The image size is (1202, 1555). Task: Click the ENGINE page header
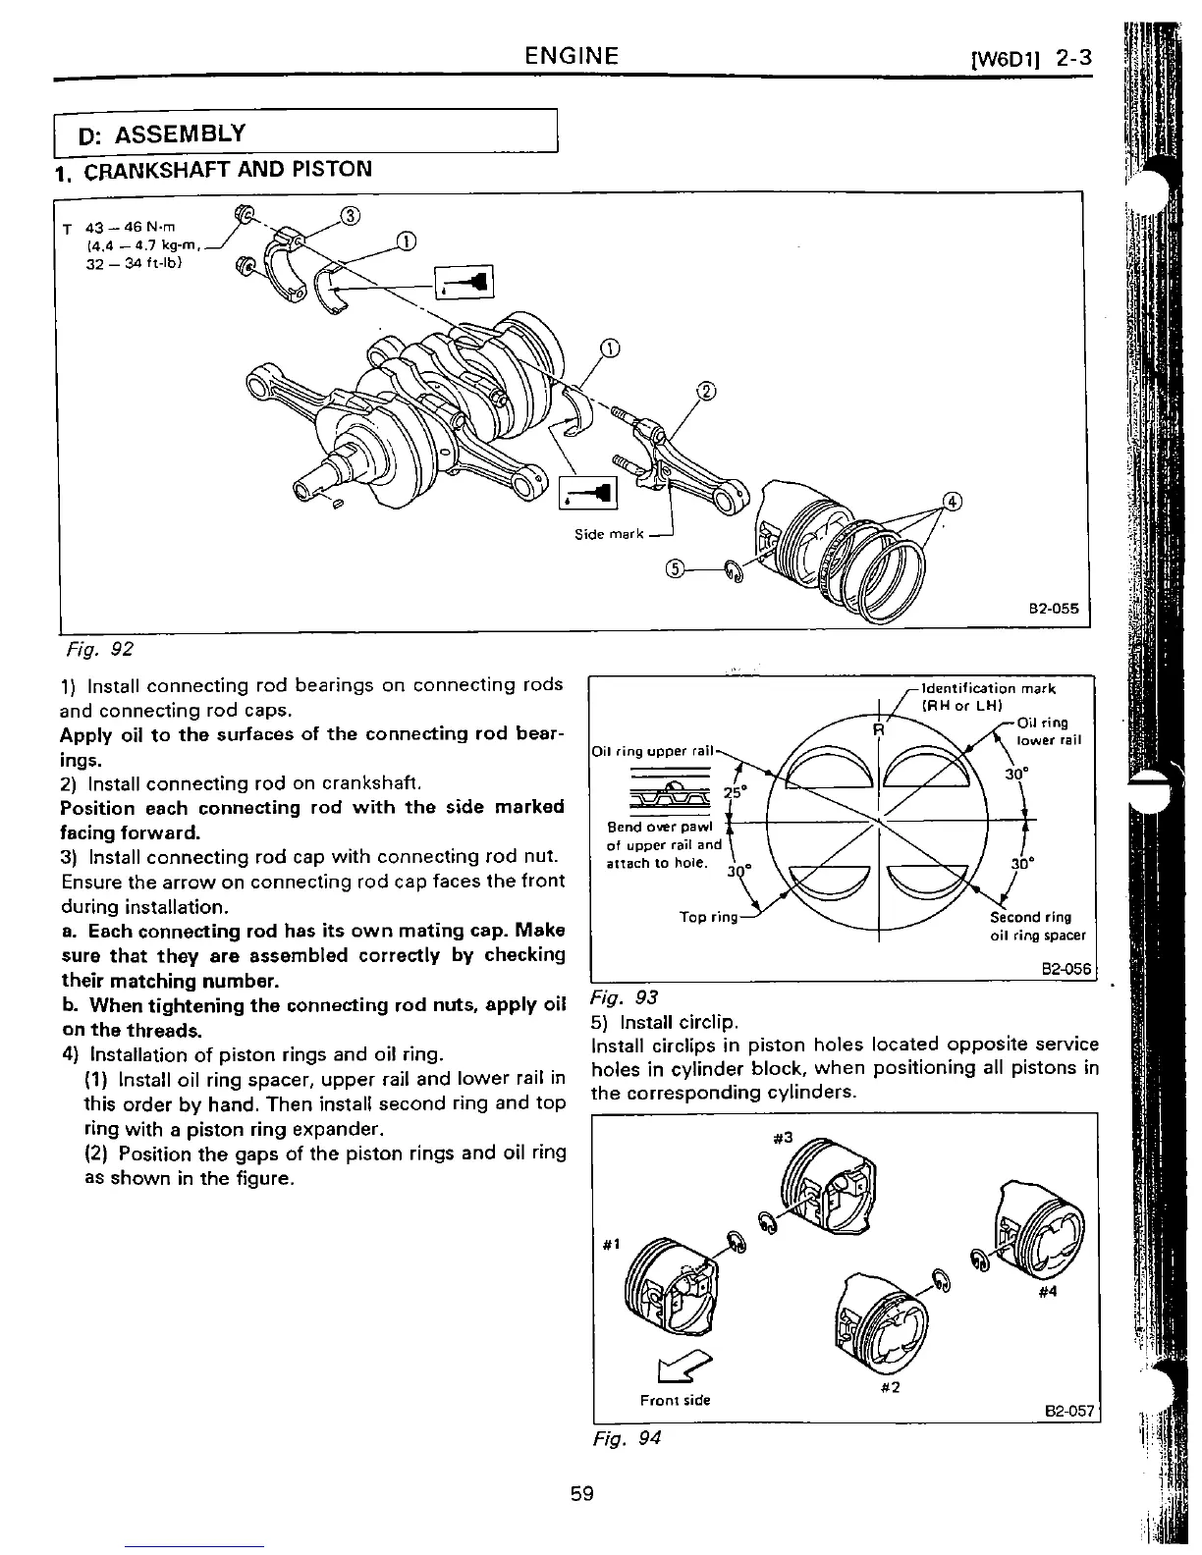[x=572, y=55]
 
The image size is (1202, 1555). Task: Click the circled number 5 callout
[x=675, y=568]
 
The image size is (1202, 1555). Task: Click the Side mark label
[x=610, y=534]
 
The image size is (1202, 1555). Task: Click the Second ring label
[x=1030, y=917]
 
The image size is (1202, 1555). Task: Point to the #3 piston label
[x=783, y=1139]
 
